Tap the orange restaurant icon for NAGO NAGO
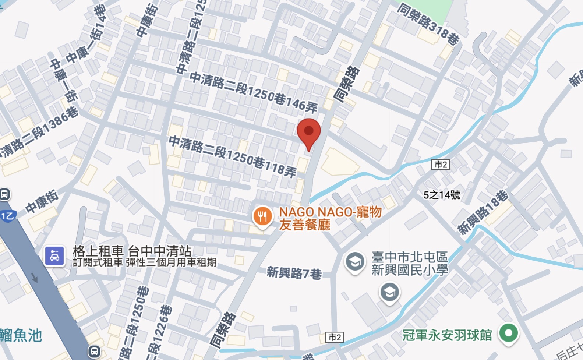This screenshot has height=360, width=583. tap(262, 217)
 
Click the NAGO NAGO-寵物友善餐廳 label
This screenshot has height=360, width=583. tap(330, 218)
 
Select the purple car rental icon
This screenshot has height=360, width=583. tap(55, 255)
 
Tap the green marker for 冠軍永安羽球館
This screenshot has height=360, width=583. tap(509, 333)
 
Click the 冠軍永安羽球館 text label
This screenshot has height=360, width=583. tap(447, 335)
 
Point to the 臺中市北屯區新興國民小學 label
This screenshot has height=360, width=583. tap(409, 263)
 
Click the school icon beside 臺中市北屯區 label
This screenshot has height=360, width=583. tap(355, 262)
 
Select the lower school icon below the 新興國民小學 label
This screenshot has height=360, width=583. tap(390, 293)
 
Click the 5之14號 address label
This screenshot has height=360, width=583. tap(442, 195)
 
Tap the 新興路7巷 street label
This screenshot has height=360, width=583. tap(294, 273)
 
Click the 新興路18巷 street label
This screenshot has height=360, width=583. tap(483, 212)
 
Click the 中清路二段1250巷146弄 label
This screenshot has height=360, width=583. tap(254, 92)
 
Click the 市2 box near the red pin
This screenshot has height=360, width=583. tap(441, 164)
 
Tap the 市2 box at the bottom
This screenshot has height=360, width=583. tap(335, 337)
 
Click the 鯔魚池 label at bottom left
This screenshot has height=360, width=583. tap(21, 335)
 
